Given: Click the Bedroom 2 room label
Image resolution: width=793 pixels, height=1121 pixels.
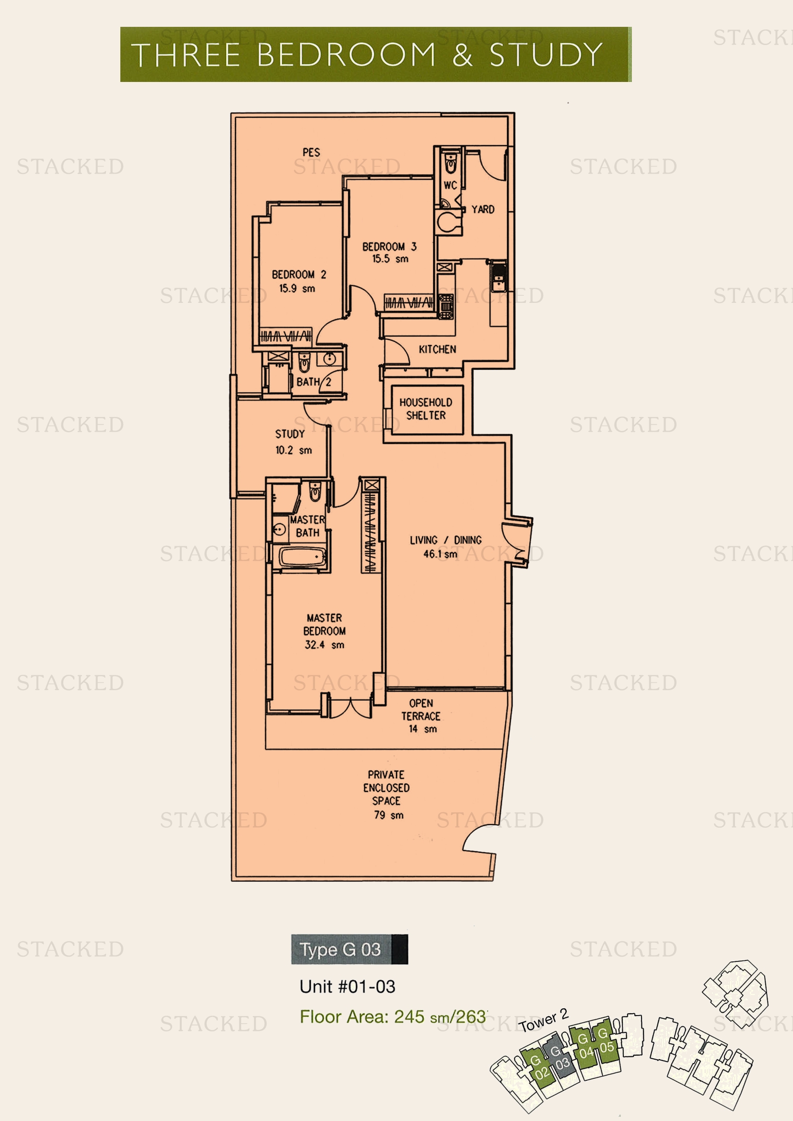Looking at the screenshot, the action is tap(299, 275).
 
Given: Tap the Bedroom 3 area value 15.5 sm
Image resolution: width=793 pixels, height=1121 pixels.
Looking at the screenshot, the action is tap(390, 259).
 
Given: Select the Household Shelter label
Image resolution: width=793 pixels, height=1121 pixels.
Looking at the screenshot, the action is tap(426, 409).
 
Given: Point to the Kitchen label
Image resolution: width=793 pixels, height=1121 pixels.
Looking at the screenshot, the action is tap(438, 349).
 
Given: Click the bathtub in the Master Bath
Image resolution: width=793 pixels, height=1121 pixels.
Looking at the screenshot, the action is tap(302, 557).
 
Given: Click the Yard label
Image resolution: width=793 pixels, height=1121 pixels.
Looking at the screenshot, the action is tap(483, 209).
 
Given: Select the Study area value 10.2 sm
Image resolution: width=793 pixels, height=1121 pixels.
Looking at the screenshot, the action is tap(293, 450).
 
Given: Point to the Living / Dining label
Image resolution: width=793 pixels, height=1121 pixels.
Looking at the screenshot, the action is tap(445, 540).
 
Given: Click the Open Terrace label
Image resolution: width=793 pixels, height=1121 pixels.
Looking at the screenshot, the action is tap(421, 709).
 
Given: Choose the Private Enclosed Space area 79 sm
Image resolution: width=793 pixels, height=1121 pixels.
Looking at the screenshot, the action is tap(389, 815).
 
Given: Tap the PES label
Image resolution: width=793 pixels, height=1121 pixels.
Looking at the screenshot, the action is tap(311, 152).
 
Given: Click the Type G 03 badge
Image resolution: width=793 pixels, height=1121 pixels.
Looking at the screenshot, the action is tap(350, 949).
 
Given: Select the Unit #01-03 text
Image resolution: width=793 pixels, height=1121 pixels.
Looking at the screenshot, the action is tap(347, 986).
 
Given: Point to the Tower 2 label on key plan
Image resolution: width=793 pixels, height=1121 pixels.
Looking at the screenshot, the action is tap(544, 1020).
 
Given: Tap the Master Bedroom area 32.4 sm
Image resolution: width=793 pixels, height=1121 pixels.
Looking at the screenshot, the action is tap(324, 645).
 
